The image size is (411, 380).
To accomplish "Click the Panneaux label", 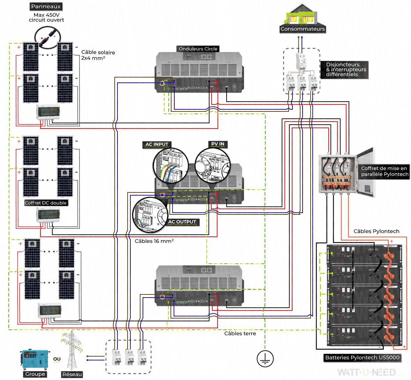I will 46,6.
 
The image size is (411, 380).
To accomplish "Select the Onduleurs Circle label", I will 198,49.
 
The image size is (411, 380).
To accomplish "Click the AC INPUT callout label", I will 157,144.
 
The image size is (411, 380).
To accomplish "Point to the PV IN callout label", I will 218,144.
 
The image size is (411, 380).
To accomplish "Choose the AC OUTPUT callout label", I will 182,222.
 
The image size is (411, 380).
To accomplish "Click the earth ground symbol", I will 265,359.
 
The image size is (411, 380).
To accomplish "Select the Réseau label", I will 72,374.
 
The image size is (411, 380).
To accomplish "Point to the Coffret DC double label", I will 46,203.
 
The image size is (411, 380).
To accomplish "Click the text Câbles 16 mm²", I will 154,241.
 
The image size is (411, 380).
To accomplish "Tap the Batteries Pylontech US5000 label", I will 362,358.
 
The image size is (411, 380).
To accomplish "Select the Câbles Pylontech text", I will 376,231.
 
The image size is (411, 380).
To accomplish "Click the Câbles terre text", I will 240,334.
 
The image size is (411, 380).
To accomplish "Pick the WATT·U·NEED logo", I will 366,372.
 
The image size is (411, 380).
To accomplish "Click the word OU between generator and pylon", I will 57,359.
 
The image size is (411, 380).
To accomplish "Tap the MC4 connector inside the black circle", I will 47,37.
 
